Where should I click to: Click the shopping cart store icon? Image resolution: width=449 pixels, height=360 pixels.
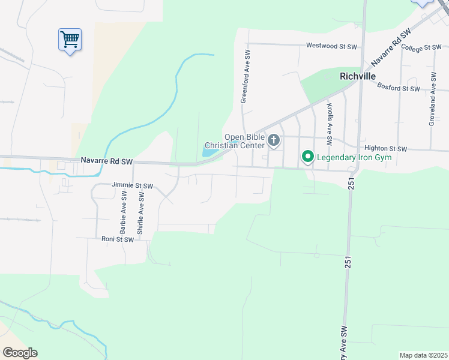click(70, 40)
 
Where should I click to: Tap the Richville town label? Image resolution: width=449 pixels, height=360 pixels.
click(357, 76)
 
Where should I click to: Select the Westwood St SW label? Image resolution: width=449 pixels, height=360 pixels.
click(331, 46)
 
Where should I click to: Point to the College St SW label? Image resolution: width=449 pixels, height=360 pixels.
click(421, 47)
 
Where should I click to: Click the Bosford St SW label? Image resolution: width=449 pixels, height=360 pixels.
click(399, 88)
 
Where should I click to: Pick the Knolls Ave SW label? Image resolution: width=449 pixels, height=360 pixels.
click(330, 124)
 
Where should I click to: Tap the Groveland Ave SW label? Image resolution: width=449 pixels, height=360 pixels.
click(432, 100)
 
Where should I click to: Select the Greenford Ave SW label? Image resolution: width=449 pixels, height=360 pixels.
click(245, 76)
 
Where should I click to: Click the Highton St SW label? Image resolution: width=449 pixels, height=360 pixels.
click(386, 149)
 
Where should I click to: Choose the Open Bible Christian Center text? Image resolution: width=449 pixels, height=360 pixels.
click(234, 141)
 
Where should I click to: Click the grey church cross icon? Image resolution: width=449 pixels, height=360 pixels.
click(274, 141)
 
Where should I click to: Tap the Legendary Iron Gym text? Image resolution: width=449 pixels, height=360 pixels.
click(354, 158)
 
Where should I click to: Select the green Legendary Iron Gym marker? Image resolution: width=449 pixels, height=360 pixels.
click(308, 157)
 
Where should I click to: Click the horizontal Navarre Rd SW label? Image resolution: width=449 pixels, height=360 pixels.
click(106, 161)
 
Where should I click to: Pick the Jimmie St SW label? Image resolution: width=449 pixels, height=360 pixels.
click(132, 186)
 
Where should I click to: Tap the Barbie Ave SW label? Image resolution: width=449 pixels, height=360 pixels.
click(123, 212)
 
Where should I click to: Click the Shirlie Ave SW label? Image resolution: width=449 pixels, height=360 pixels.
click(140, 212)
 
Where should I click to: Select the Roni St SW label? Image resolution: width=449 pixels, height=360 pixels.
click(117, 239)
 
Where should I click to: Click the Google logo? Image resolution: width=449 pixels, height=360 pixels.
click(20, 353)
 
